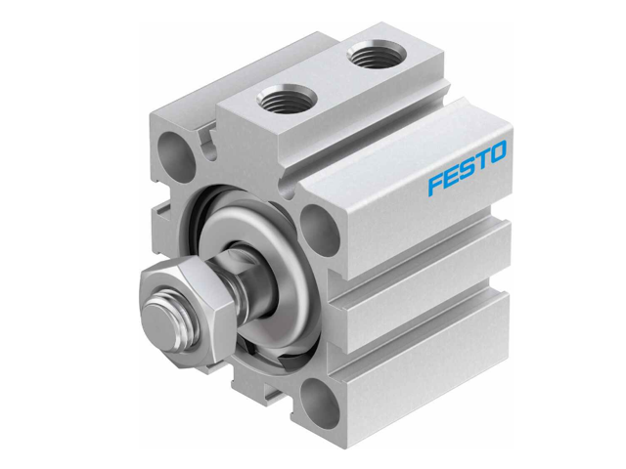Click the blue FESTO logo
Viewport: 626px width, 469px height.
467,167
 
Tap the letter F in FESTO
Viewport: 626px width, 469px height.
434,183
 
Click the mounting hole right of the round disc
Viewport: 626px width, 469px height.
319,227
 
